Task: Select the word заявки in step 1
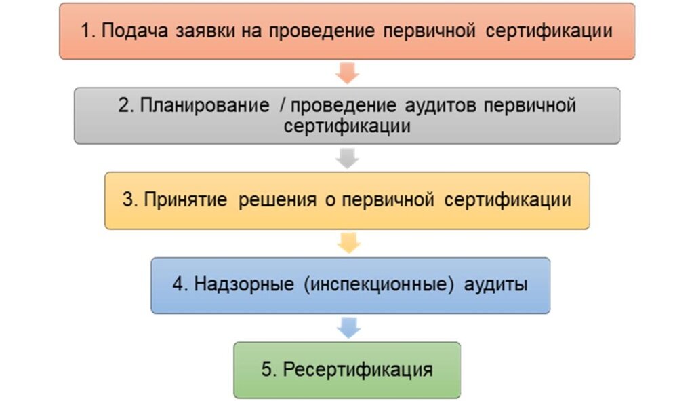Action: [194, 31]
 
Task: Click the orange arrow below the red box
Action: [347, 73]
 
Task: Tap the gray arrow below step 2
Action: [347, 157]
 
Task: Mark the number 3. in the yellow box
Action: [130, 201]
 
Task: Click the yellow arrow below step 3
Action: [347, 242]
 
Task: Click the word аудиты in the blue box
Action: [495, 285]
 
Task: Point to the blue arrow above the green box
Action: [348, 328]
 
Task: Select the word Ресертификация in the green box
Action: [357, 370]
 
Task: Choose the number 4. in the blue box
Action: [179, 285]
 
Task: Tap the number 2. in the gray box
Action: [125, 107]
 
